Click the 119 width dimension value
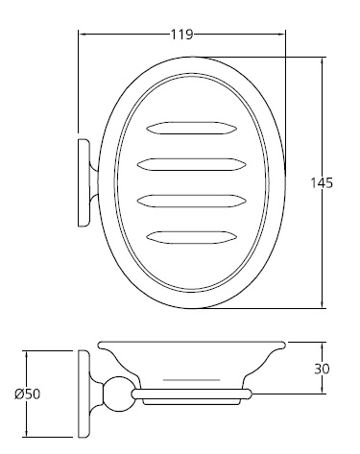click(x=181, y=36)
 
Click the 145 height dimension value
click(x=323, y=182)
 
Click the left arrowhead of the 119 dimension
click(x=83, y=36)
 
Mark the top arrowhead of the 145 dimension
click(x=321, y=60)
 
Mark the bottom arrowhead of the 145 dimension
click(x=321, y=304)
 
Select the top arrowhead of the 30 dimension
click(x=321, y=345)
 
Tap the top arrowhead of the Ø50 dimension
click(x=27, y=353)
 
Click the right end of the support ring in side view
click(x=249, y=394)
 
